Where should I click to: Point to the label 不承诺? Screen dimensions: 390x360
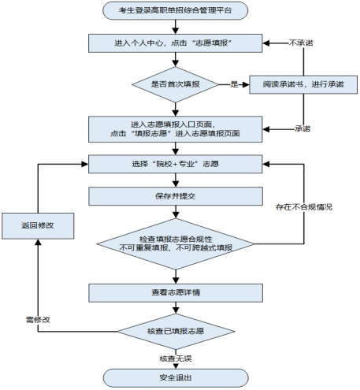click(302, 43)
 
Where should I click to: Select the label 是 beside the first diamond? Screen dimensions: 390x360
click(234, 82)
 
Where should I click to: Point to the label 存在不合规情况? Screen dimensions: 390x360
click(303, 206)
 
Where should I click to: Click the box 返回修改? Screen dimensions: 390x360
click(38, 225)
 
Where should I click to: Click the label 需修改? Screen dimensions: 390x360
click(38, 321)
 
